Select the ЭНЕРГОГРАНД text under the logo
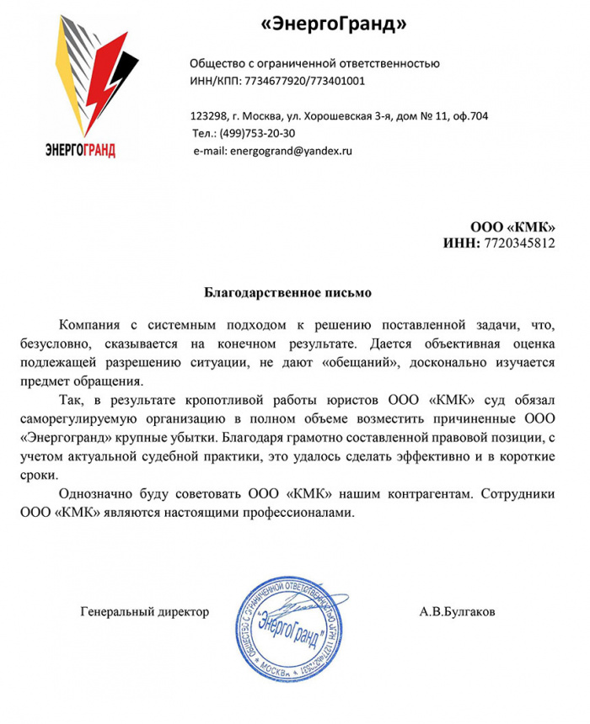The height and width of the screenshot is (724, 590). coord(81,151)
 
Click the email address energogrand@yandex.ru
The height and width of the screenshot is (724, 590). coord(290,150)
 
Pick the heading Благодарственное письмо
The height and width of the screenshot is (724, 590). coord(288,293)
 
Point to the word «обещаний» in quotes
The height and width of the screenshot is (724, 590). coord(360,363)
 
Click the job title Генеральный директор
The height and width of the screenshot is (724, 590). coord(144,611)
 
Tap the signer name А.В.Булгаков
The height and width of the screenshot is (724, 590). coord(458,611)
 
